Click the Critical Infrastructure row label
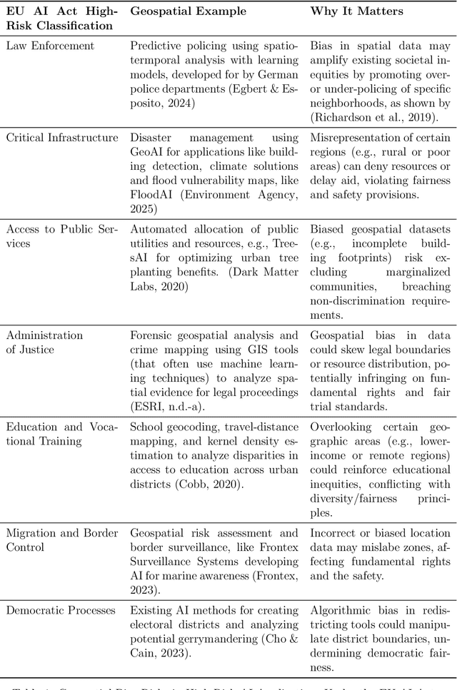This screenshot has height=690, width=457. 62,138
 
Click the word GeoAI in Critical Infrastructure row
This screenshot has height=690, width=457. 148,151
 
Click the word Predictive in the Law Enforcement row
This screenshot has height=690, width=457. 156,46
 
